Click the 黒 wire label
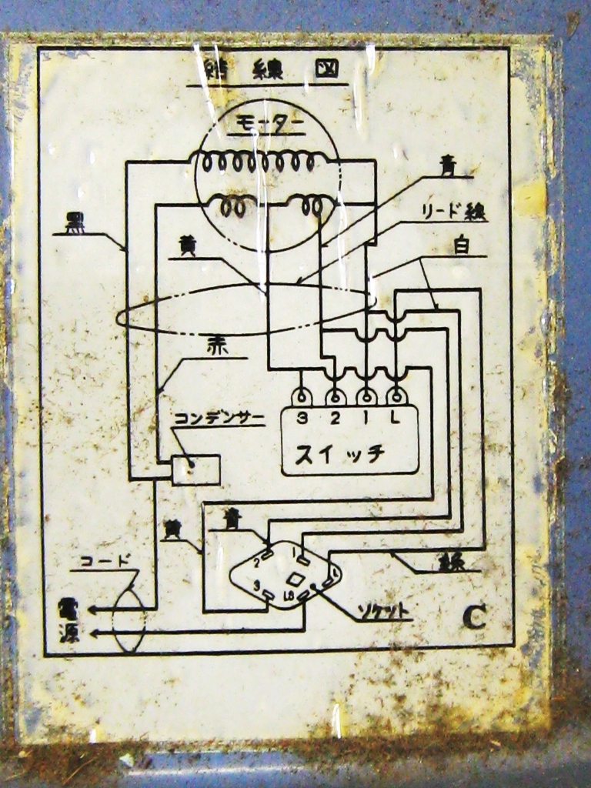(75, 222)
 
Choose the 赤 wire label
(217, 346)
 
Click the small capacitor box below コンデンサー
(195, 469)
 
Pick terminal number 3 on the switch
(302, 419)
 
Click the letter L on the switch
(396, 419)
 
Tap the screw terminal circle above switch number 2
(335, 397)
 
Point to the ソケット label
(383, 612)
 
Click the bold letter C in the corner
(475, 616)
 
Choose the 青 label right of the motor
(447, 165)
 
